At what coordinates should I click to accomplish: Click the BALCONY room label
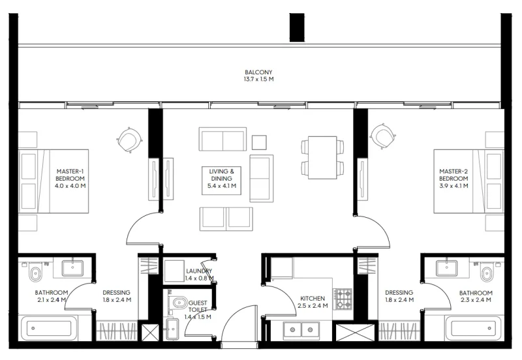pos(258,72)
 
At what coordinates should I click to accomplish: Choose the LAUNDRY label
pos(199,271)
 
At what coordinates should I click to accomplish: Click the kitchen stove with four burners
pos(343,299)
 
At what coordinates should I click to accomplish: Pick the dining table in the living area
pos(322,157)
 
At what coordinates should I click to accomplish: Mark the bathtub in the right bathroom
pos(474,328)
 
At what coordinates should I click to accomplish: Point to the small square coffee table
pos(259,142)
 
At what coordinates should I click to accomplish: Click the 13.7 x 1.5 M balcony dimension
pos(258,80)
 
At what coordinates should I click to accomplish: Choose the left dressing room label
pos(117,296)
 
